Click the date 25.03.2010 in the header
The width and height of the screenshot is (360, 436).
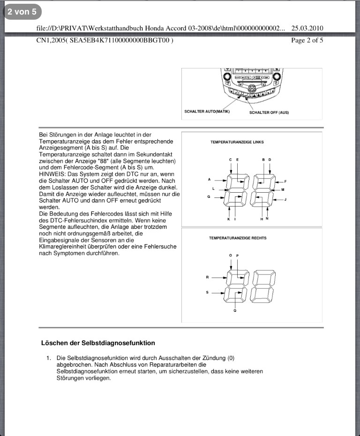(x=307, y=28)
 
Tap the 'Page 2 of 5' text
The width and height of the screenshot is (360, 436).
(x=307, y=40)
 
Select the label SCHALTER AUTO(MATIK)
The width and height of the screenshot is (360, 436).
(x=207, y=112)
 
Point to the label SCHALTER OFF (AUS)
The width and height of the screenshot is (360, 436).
(x=269, y=113)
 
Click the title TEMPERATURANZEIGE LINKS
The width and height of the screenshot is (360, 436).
(x=237, y=142)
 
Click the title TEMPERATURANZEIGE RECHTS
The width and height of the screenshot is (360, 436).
(x=237, y=238)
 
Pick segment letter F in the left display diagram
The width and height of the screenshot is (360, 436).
(x=285, y=181)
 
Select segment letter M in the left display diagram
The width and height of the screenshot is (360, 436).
(x=283, y=189)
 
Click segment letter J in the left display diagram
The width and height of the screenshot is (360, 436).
(x=285, y=200)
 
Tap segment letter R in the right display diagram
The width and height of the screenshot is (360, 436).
(x=207, y=277)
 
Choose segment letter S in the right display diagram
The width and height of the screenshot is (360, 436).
(x=207, y=292)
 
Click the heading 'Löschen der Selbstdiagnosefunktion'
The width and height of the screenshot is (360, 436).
(x=98, y=343)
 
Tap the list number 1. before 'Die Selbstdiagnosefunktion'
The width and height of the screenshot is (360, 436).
(x=48, y=358)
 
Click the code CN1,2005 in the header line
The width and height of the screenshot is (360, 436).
(x=51, y=40)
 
